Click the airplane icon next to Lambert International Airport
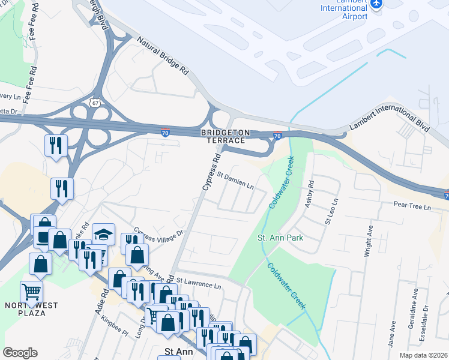pos(376,4)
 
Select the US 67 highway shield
pos(95,103)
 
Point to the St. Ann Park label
pos(280,238)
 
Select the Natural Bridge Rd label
pos(163,56)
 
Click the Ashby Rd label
pos(310,195)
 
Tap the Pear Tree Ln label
pos(412,207)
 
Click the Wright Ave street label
pos(369,241)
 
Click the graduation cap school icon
pos(103,234)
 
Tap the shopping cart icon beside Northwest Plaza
pos(31,292)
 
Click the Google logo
pos(20,353)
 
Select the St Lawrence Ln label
pos(199,286)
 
